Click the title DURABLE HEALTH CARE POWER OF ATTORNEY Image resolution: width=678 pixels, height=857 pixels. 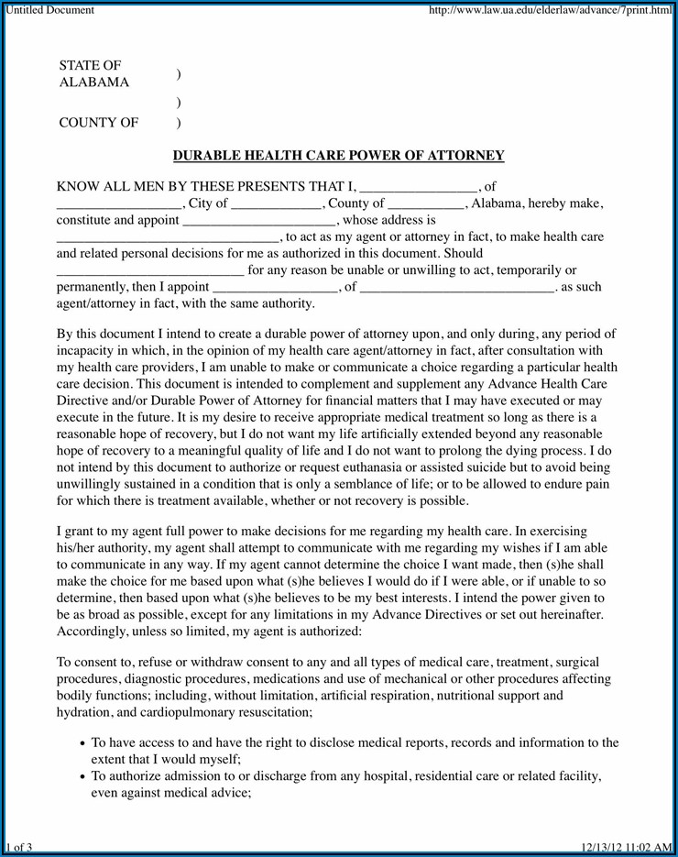(x=339, y=156)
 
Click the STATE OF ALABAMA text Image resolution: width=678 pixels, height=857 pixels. (x=93, y=73)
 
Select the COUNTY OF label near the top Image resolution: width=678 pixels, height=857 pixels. (x=99, y=122)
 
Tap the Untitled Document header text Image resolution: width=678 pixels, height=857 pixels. (x=50, y=10)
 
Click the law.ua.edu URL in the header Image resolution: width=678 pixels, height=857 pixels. (x=550, y=10)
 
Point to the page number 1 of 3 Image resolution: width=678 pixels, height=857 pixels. (x=18, y=847)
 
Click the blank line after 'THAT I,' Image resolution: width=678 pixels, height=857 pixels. (x=418, y=188)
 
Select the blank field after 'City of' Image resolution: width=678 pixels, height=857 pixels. (x=276, y=205)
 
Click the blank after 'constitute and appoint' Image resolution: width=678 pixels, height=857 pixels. (x=260, y=222)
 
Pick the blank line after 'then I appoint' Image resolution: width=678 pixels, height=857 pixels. (x=275, y=288)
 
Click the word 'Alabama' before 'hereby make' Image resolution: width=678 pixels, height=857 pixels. (x=497, y=203)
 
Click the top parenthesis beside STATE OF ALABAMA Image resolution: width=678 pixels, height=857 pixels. (x=178, y=74)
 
